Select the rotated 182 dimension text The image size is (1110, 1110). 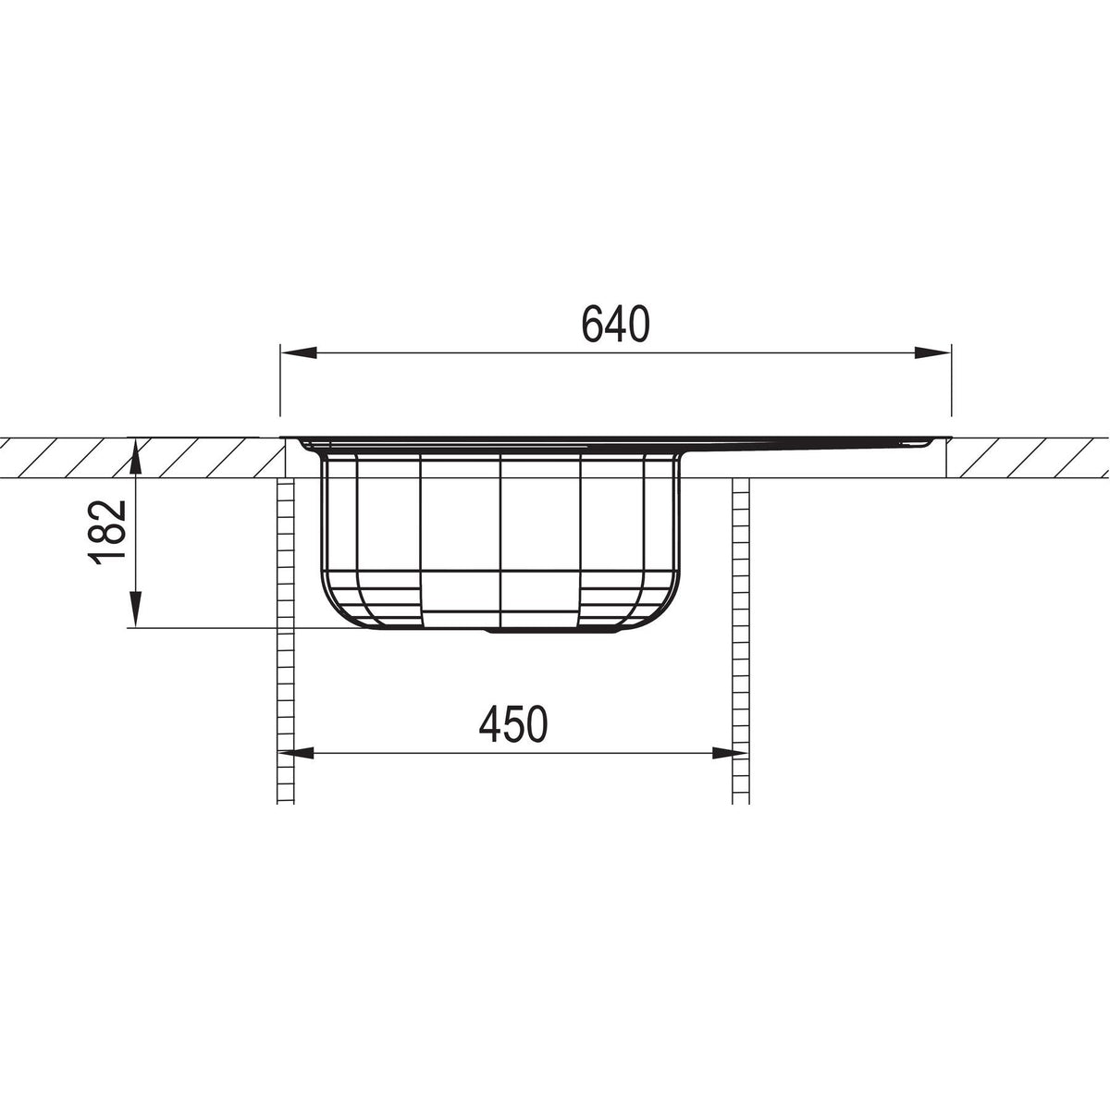(107, 531)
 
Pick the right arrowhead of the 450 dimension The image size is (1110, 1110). (730, 753)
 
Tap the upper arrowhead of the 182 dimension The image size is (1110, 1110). (136, 459)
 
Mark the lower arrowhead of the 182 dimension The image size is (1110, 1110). (136, 611)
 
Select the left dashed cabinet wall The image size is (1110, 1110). (286, 638)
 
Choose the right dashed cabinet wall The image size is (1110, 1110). (741, 638)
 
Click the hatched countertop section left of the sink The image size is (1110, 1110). (139, 458)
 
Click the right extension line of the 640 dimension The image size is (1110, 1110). (951, 388)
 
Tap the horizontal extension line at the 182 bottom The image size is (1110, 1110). (222, 629)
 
